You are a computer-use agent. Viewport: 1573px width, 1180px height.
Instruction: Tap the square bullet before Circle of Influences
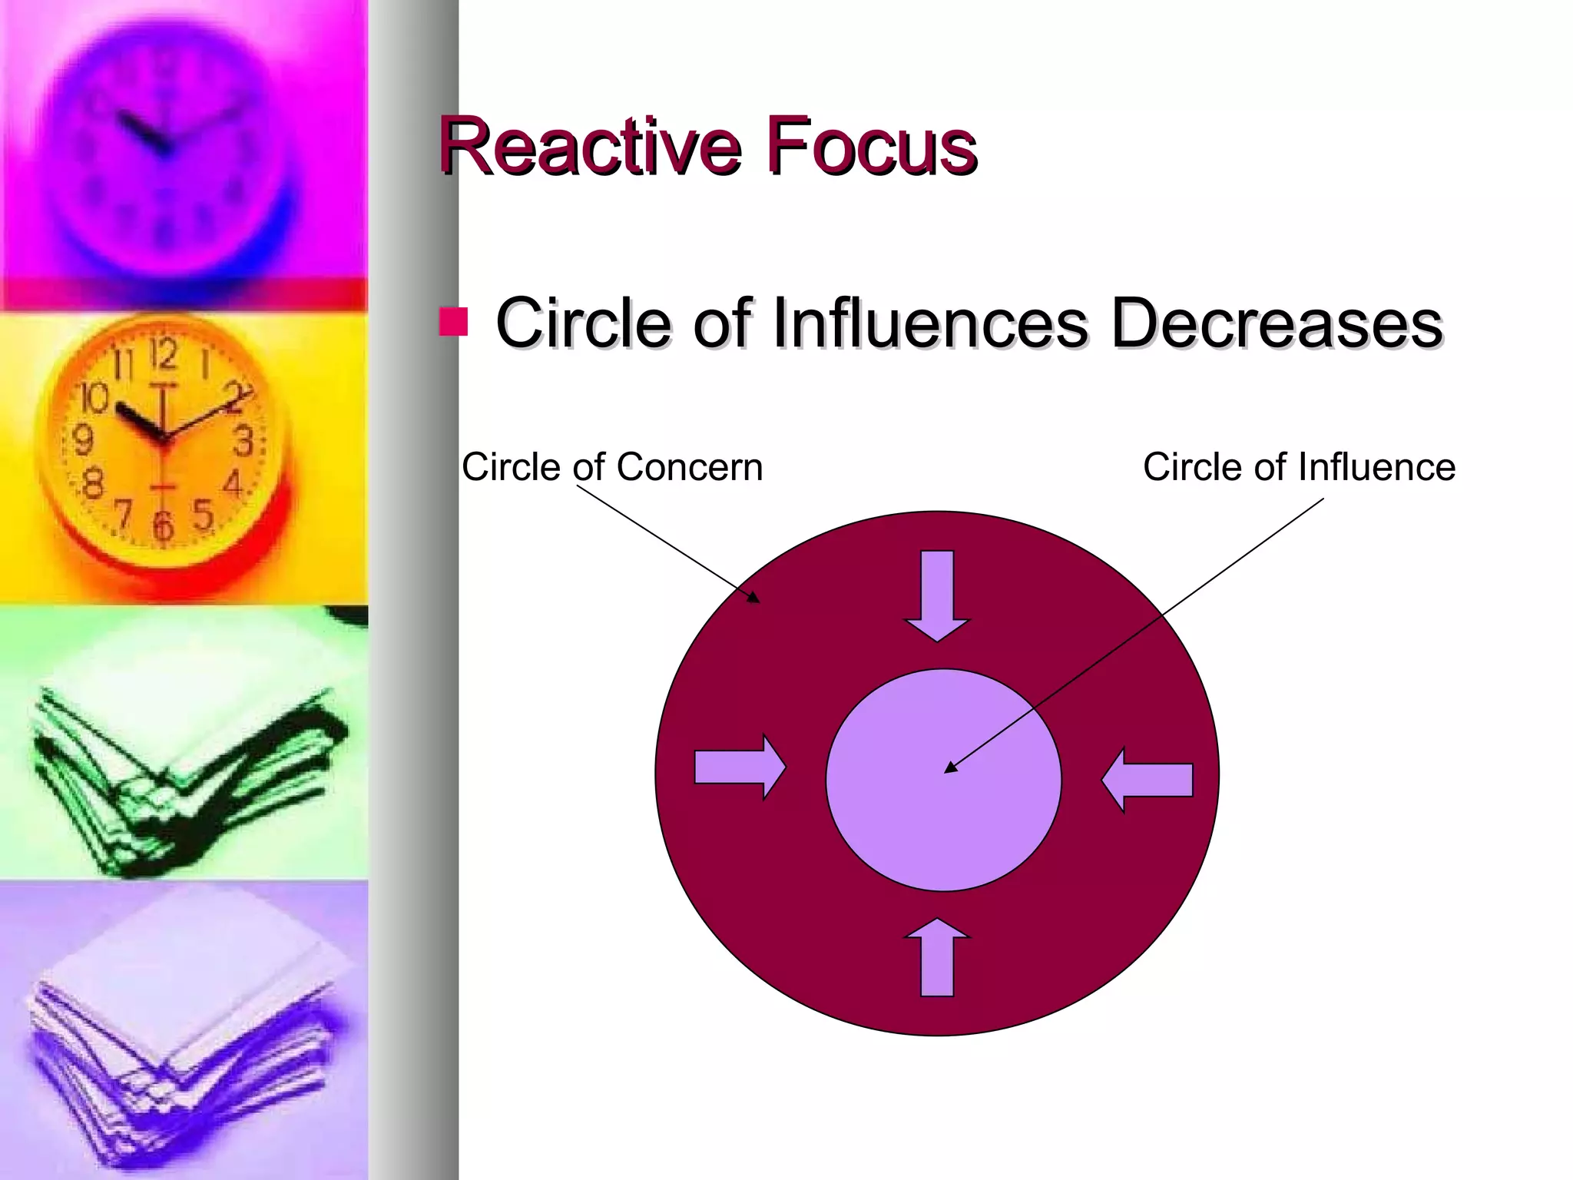coord(453,323)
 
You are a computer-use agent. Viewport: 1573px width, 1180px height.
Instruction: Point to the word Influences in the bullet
coord(929,323)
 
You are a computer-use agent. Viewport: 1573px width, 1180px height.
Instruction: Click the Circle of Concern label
coord(612,467)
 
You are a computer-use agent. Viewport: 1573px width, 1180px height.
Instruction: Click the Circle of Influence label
coord(1299,467)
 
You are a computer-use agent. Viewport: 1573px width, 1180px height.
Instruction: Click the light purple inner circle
coord(943,830)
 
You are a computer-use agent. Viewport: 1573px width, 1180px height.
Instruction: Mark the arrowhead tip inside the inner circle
coord(947,771)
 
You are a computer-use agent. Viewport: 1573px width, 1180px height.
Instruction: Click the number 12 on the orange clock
coord(163,354)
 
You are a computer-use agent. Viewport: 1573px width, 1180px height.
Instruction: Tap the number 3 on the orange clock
coord(243,442)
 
